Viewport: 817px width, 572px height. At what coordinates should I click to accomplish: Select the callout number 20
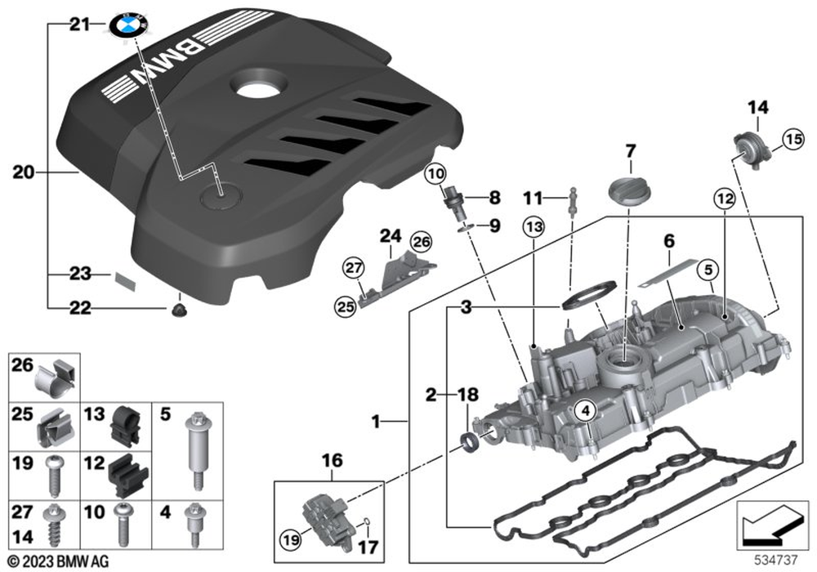click(x=25, y=172)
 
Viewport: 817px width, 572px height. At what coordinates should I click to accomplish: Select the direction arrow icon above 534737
click(x=769, y=525)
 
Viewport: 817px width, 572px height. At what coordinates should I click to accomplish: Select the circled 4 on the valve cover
click(x=586, y=412)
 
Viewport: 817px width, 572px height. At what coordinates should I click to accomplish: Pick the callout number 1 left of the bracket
click(x=376, y=422)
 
